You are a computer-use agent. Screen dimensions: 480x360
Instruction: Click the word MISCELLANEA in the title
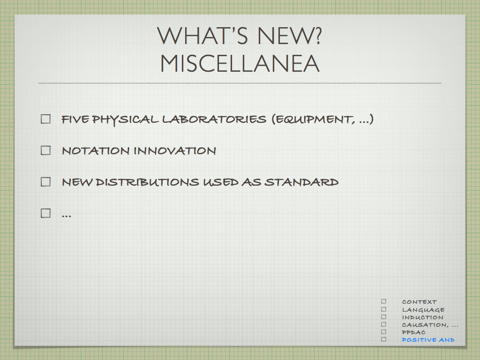click(x=240, y=63)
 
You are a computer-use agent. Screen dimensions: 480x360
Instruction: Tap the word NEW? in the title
click(x=289, y=36)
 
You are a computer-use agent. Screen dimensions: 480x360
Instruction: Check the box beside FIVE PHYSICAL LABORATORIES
click(x=45, y=119)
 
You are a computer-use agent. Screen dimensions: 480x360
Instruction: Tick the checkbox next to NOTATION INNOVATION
click(x=45, y=150)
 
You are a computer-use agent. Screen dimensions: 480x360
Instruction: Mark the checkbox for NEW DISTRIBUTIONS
click(x=45, y=182)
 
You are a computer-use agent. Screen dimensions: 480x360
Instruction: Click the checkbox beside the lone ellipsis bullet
click(x=45, y=213)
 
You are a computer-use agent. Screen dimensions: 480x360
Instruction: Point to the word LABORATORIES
click(x=214, y=119)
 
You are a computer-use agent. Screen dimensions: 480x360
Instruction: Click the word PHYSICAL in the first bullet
click(x=125, y=120)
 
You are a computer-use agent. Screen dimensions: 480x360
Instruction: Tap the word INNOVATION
click(x=175, y=150)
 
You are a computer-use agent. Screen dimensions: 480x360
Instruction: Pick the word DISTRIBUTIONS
click(x=147, y=182)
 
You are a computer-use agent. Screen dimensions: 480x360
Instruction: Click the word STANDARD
click(x=301, y=182)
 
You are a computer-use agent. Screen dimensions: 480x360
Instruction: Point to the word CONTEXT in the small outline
click(x=420, y=302)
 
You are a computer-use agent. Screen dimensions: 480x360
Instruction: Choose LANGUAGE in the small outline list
click(x=423, y=310)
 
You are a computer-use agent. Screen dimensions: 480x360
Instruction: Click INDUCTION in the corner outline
click(x=422, y=317)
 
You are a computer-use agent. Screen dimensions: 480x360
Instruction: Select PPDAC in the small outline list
click(x=413, y=332)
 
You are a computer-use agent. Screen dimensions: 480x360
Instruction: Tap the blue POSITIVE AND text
click(x=428, y=340)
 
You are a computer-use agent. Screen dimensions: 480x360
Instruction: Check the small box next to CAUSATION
click(x=384, y=324)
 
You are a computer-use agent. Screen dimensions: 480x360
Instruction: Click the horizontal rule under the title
click(x=240, y=83)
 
